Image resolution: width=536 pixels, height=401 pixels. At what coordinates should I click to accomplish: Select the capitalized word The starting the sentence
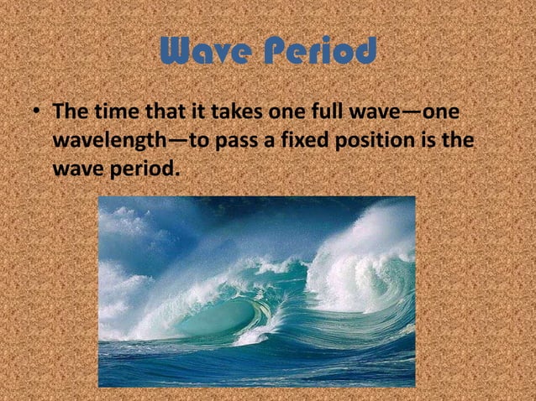tap(71, 112)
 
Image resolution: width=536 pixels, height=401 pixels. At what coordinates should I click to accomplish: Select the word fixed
tap(305, 139)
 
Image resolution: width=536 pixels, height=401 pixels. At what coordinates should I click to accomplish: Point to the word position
tap(380, 139)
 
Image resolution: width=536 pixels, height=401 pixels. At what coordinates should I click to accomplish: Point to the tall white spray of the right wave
tap(370, 243)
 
